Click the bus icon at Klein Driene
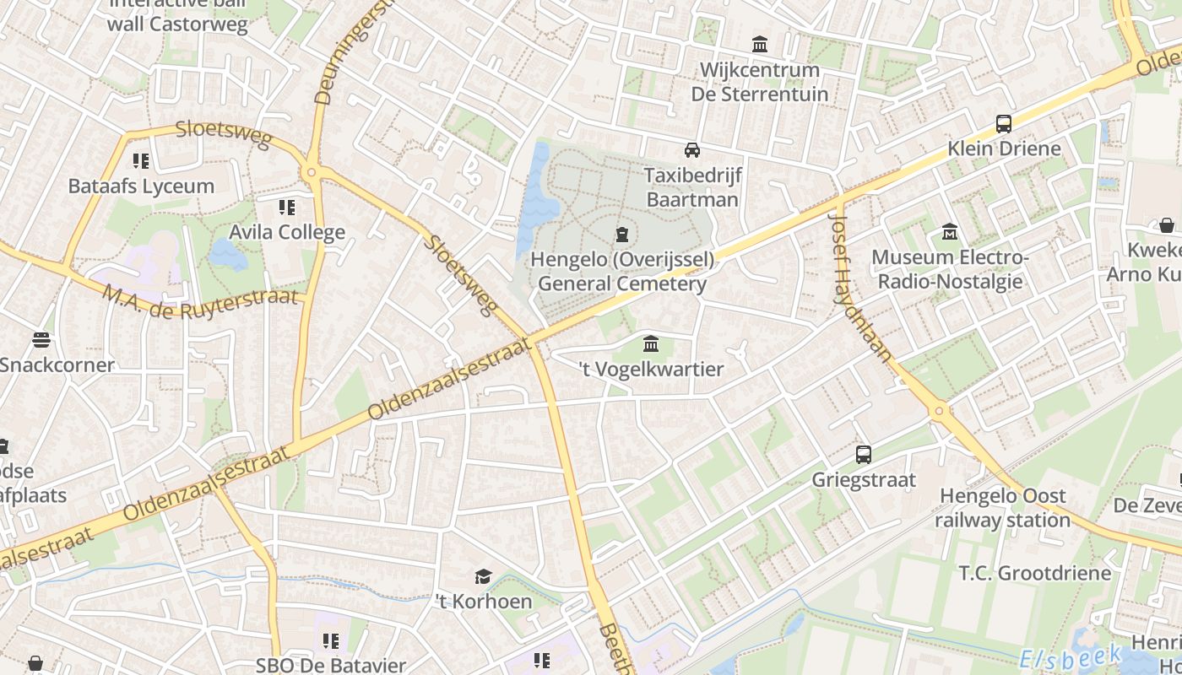1004,124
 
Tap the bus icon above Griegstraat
864,455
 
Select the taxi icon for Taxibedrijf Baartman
692,150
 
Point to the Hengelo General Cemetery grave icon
622,234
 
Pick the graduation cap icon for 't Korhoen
483,576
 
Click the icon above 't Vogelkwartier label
651,344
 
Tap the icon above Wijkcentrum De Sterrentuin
760,44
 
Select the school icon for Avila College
287,207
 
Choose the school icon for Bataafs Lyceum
141,160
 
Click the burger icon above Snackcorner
41,340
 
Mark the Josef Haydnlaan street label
859,284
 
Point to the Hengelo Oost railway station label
1003,507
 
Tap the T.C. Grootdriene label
1035,573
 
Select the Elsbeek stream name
1070,656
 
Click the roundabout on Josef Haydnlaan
939,412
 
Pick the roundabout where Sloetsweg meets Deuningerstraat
312,173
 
